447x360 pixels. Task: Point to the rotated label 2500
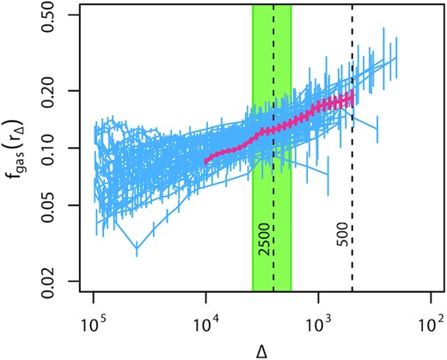[264, 247]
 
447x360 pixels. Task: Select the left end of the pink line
[206, 160]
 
